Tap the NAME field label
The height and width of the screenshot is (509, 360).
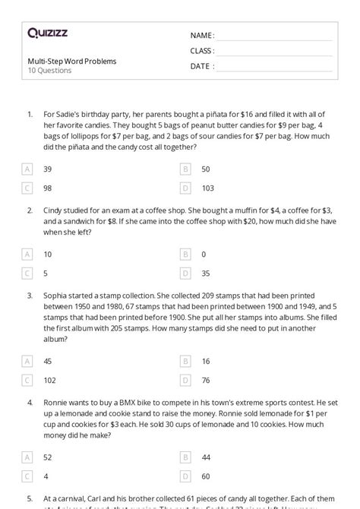tap(202, 36)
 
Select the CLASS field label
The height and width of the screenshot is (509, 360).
tap(202, 51)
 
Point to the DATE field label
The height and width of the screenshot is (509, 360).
tap(201, 66)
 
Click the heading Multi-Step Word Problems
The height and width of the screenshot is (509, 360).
tap(71, 62)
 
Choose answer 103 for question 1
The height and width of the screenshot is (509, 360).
tap(208, 187)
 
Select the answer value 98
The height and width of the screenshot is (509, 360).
tap(48, 187)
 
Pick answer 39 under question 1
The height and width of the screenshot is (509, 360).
tap(48, 169)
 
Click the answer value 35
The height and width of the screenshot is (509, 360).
tap(206, 272)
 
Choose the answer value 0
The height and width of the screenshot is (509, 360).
tap(204, 254)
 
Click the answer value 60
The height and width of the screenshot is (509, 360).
tap(206, 476)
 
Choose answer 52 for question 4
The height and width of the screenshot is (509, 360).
tap(48, 457)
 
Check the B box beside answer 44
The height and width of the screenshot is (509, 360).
tap(185, 457)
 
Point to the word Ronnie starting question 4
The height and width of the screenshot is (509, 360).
tap(57, 400)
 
